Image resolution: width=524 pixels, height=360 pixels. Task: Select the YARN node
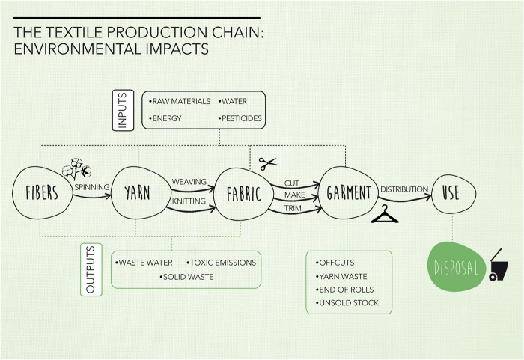pyautogui.click(x=137, y=193)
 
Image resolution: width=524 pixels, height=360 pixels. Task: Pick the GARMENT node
pyautogui.click(x=348, y=193)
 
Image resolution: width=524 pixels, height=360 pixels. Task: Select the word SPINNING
pyautogui.click(x=91, y=186)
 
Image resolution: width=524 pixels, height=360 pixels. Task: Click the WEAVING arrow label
pyautogui.click(x=189, y=182)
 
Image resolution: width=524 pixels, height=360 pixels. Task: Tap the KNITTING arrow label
pyautogui.click(x=189, y=202)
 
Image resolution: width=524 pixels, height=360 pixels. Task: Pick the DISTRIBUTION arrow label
pyautogui.click(x=404, y=189)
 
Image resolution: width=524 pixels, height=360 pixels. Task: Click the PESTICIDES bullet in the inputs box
pyautogui.click(x=243, y=118)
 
